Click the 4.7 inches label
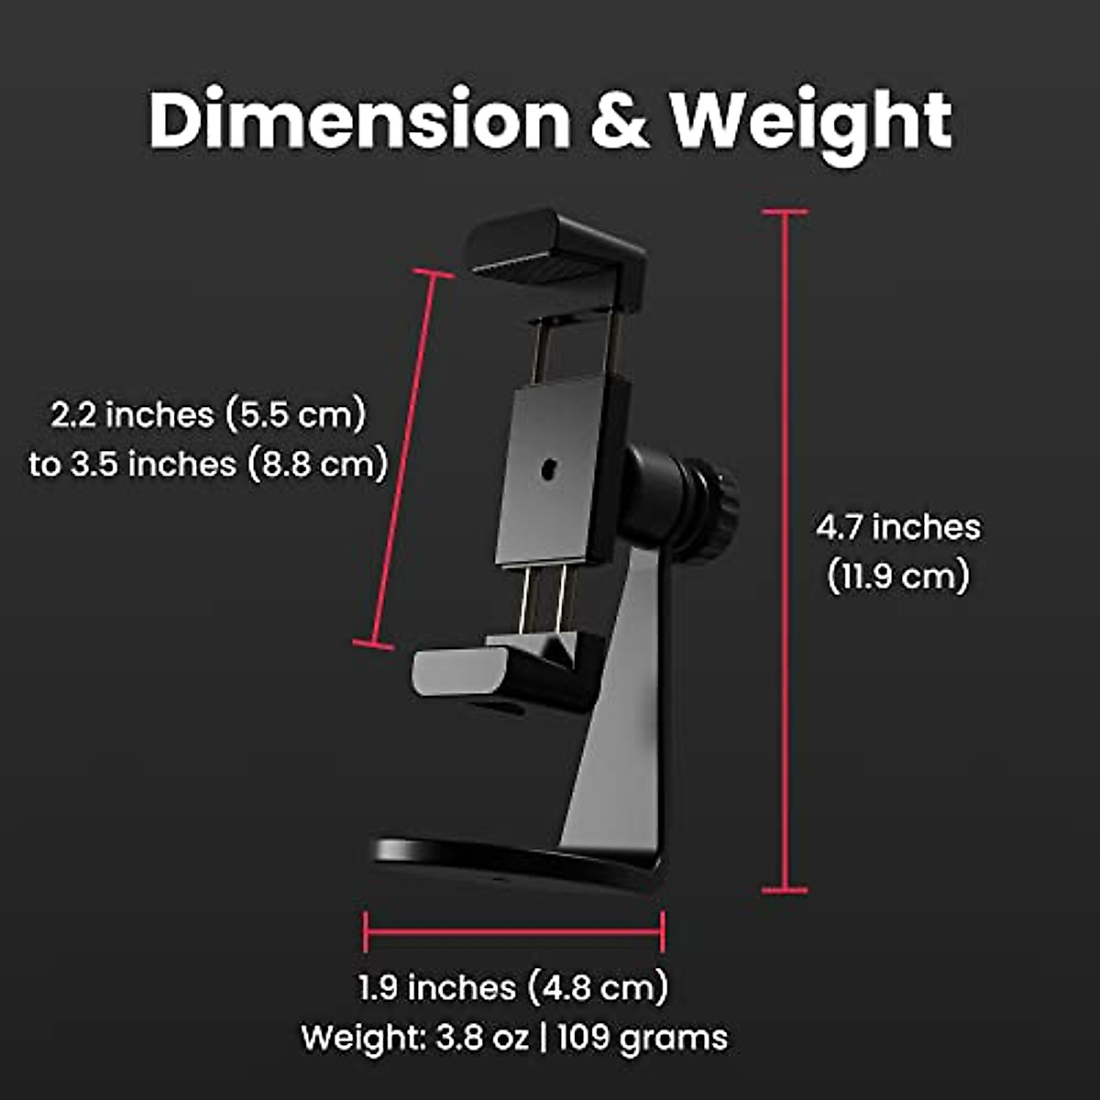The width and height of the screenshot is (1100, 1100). coord(897,527)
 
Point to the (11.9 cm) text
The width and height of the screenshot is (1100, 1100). coord(897,577)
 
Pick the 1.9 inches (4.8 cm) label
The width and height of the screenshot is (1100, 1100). coord(513,987)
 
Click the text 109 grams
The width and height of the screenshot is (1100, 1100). coord(642,1038)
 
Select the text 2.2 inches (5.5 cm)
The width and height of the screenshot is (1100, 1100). coord(208,414)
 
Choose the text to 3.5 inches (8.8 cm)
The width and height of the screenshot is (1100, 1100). coord(208,464)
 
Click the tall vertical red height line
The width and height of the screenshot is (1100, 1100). coord(785,550)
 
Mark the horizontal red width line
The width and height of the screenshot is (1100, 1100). coord(513,932)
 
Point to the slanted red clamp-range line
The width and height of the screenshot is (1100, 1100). coord(403,458)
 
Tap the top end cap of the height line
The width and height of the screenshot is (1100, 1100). coord(785,212)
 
